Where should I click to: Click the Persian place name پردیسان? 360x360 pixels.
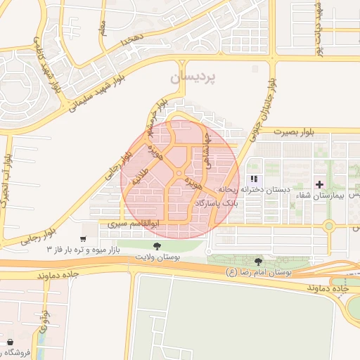pyautogui.click(x=193, y=74)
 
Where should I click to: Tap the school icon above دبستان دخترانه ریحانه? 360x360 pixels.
pyautogui.click(x=254, y=179)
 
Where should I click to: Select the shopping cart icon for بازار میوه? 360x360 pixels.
pyautogui.click(x=85, y=239)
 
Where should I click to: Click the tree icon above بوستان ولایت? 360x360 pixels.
pyautogui.click(x=157, y=246)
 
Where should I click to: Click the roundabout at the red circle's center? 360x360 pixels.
pyautogui.click(x=179, y=173)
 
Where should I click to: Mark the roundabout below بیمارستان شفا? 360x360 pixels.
pyautogui.click(x=328, y=226)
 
